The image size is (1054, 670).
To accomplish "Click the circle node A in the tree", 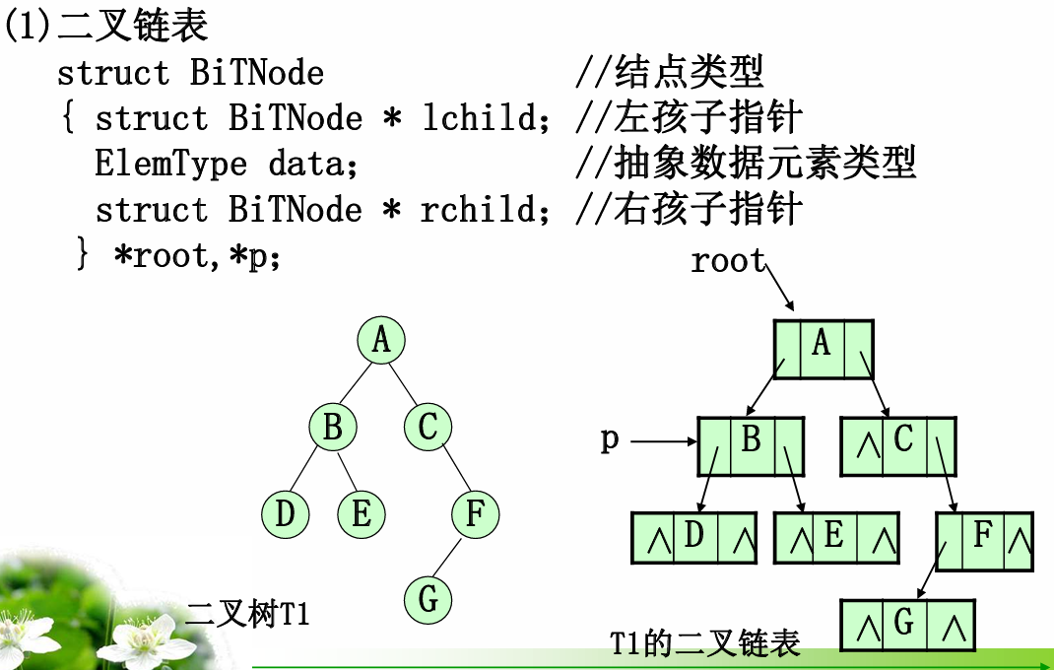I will [381, 341].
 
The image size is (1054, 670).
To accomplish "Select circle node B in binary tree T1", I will [333, 428].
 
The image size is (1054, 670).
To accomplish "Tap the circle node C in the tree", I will [428, 428].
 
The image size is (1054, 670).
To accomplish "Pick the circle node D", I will [286, 514].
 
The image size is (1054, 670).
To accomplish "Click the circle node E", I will [362, 514].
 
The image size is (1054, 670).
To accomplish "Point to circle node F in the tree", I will [476, 513].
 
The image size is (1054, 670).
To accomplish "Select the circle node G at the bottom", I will [428, 598].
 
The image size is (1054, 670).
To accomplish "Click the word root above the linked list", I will [728, 261].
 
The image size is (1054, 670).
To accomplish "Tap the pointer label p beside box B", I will [610, 439].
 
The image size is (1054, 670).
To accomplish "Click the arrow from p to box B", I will [663, 442].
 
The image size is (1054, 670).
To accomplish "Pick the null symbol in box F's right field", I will [1020, 541].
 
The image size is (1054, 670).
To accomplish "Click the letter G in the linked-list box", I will [904, 623].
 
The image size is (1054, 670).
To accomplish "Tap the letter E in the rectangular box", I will [834, 536].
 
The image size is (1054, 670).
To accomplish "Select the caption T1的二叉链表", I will [705, 644].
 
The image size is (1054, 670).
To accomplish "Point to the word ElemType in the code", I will [170, 164].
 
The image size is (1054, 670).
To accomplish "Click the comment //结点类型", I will [670, 73].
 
